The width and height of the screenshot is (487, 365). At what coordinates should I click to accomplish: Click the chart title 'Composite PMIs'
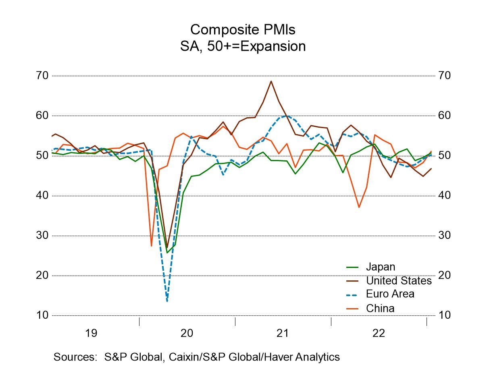[243, 29]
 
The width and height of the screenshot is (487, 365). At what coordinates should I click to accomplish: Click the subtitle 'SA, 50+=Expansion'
[243, 46]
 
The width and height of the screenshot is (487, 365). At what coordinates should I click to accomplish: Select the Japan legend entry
[380, 267]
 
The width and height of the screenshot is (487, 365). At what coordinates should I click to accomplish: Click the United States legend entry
[398, 280]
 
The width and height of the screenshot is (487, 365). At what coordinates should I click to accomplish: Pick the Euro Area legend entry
[389, 294]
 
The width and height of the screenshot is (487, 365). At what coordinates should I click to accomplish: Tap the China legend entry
[380, 308]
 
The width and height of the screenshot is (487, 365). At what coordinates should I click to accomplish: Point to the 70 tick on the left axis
[42, 76]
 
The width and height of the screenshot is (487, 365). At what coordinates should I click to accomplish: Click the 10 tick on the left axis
[42, 315]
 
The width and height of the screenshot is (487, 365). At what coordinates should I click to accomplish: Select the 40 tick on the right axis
[444, 195]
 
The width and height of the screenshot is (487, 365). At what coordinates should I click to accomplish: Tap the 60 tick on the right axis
[444, 116]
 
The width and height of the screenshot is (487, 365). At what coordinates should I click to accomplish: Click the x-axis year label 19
[91, 333]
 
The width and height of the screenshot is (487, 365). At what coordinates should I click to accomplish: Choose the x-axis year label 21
[283, 333]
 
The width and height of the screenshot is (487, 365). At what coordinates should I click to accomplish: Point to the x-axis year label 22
[379, 333]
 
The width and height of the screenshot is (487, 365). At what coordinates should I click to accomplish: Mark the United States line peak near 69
[271, 81]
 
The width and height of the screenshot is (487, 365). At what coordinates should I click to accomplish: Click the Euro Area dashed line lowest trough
[167, 301]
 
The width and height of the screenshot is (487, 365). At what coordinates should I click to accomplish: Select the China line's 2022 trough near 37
[359, 207]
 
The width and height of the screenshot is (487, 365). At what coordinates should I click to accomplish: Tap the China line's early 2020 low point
[151, 246]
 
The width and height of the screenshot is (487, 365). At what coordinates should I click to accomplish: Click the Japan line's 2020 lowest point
[167, 253]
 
